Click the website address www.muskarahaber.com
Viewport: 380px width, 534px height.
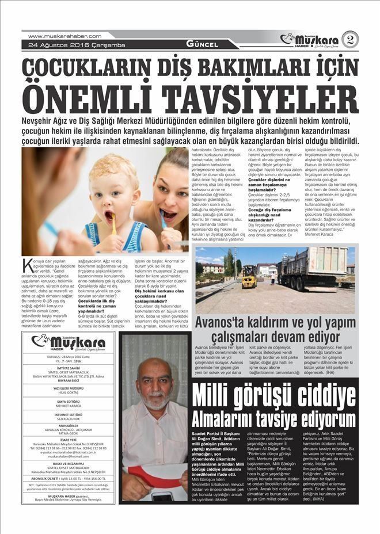[x=64, y=36]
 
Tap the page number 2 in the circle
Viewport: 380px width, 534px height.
[x=349, y=39]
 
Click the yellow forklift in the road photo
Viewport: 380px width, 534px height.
[x=249, y=277]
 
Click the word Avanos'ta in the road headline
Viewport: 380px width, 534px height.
[x=228, y=322]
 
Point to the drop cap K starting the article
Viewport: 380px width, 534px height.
[x=28, y=266]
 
